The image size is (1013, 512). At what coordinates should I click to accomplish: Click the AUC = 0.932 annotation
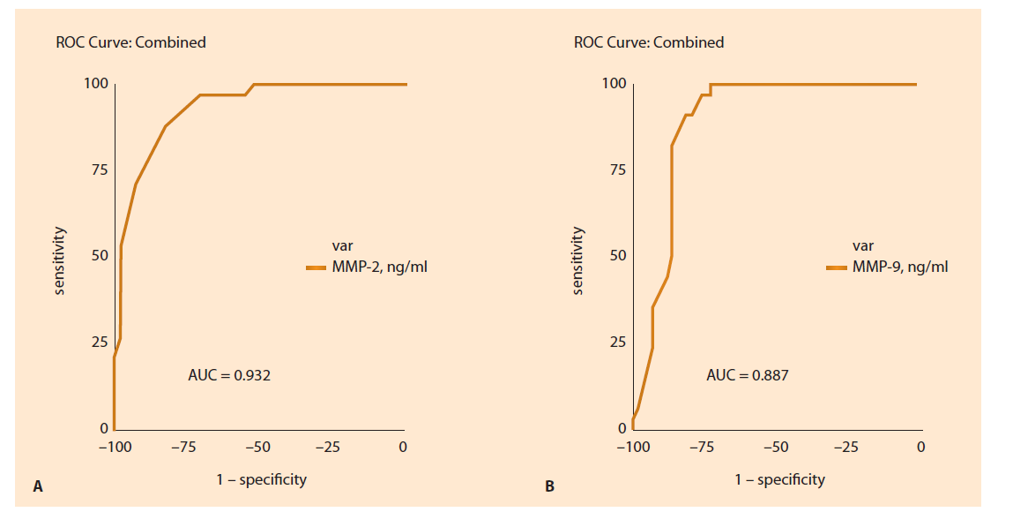(229, 375)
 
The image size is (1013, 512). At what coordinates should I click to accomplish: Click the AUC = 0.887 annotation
(748, 375)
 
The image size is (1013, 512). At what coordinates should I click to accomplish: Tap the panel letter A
(37, 486)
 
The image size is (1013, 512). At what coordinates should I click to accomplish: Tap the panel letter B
(549, 486)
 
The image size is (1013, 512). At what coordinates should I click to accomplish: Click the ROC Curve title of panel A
(130, 42)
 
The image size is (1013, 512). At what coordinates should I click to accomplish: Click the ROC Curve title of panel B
(648, 42)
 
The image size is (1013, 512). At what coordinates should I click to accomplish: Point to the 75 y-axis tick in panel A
(98, 169)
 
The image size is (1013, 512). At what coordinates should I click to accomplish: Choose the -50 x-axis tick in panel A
(257, 448)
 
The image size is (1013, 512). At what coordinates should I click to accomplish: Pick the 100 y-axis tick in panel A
(96, 84)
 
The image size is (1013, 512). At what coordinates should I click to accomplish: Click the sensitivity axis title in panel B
(577, 260)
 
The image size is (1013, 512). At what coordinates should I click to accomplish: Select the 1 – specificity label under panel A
(262, 479)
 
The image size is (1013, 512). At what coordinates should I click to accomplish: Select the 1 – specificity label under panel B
(780, 479)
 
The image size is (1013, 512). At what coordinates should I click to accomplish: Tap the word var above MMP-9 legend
(862, 246)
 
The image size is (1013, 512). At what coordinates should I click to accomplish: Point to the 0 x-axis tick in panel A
(403, 448)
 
